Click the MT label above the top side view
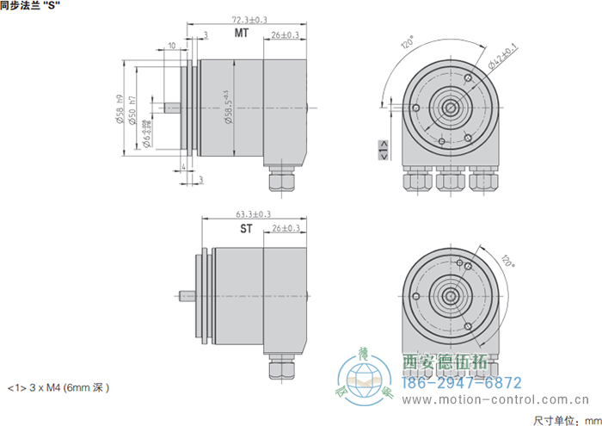243,34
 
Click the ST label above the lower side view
246,229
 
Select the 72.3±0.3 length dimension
249,19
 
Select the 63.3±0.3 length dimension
253,214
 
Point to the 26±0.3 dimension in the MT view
285,35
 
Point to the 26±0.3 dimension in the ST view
285,229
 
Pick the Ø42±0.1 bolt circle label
501,56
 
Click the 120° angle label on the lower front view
507,261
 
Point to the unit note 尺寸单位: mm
564,419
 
